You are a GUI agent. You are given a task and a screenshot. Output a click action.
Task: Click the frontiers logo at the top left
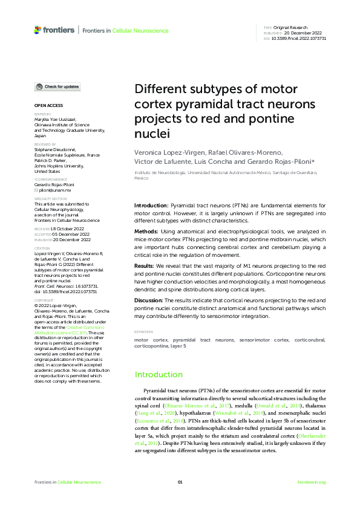coord(54,30)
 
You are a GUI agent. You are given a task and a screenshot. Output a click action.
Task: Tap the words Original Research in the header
coord(290,28)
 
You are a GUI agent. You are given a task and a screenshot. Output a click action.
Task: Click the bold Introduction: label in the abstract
coord(151,206)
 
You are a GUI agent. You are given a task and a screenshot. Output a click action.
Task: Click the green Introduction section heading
coord(158,374)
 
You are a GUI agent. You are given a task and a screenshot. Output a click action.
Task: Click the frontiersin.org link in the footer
coord(312,482)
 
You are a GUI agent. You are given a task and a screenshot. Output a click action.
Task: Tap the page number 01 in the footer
coord(180,482)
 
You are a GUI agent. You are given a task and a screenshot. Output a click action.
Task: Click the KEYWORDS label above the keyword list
coord(144,332)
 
